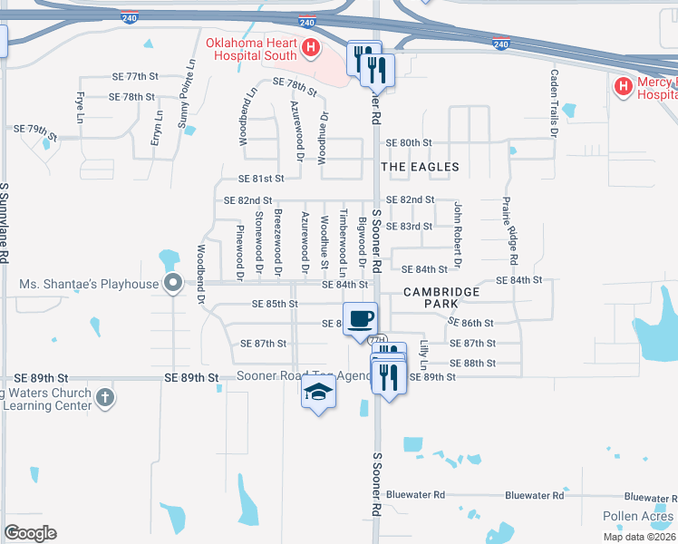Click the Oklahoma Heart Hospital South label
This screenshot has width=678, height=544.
point(251,48)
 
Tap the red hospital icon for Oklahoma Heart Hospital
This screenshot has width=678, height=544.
point(311,47)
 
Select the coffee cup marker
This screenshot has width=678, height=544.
point(361,319)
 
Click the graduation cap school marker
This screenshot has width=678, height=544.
point(319,392)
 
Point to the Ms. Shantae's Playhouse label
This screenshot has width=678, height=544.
point(89,284)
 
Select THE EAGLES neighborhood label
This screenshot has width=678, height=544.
point(420,167)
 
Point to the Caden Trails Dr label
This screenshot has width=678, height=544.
point(553,101)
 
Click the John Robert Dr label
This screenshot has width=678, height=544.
point(459,235)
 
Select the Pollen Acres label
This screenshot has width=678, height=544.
point(638,517)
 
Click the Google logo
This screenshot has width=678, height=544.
point(30,533)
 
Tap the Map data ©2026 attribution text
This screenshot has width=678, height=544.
point(639,537)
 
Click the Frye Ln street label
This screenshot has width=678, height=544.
point(81,108)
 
